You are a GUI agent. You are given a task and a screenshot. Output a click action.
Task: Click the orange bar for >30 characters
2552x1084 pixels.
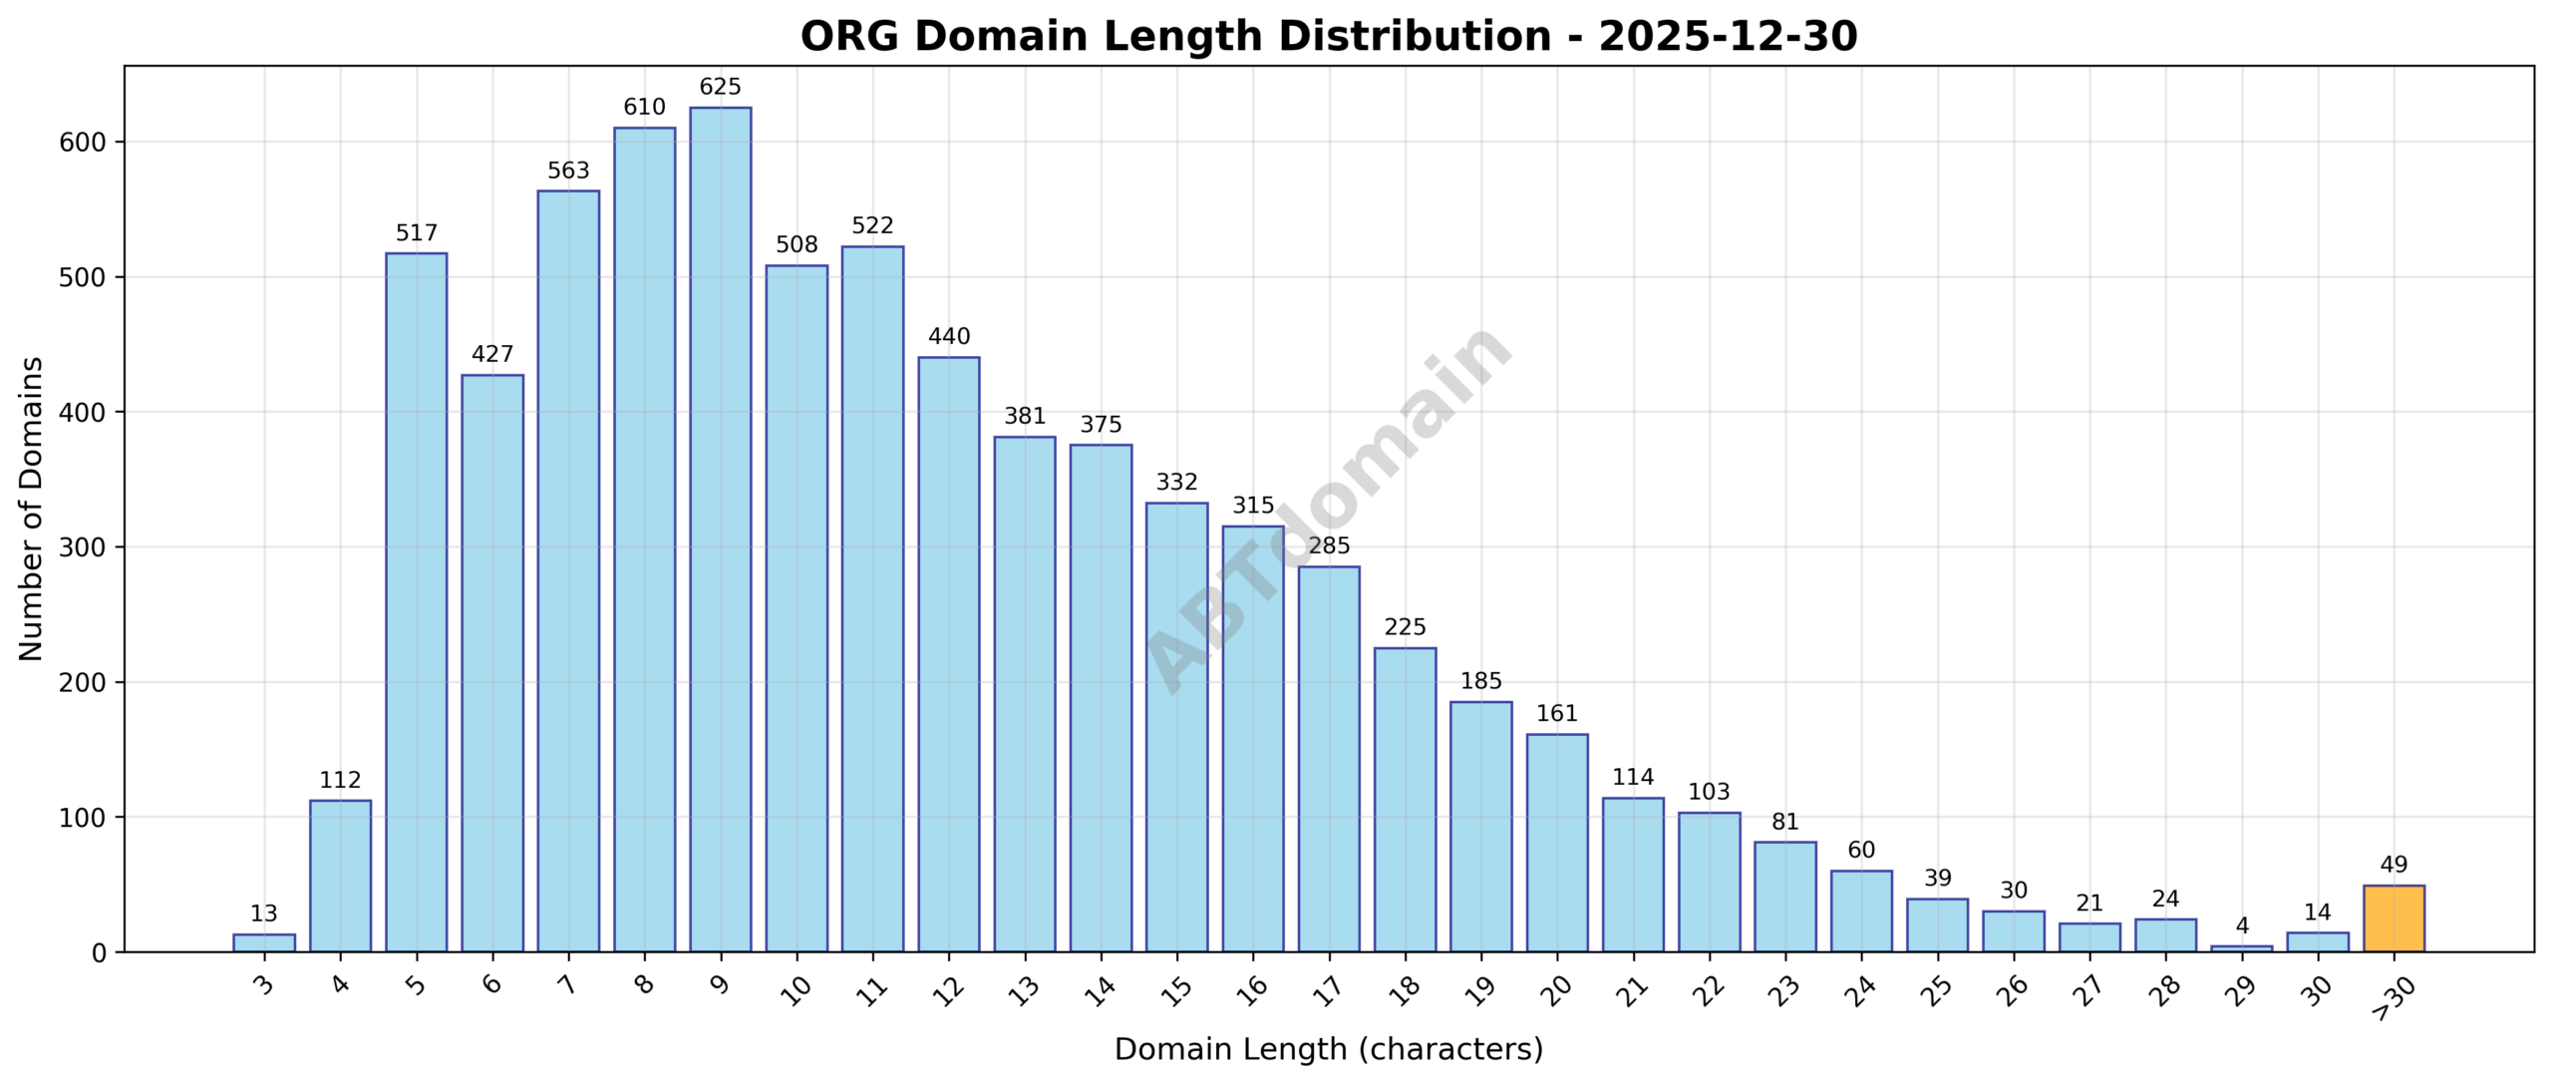click(2393, 918)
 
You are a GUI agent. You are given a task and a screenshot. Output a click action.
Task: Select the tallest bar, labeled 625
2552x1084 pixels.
click(721, 530)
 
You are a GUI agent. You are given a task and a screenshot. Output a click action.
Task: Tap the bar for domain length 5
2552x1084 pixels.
click(417, 602)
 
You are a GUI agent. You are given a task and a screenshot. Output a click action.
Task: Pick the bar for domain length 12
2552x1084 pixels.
click(949, 654)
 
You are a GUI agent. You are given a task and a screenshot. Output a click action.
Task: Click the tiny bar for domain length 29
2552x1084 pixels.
click(2242, 948)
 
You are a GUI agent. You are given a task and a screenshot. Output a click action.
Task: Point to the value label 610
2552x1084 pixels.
click(644, 107)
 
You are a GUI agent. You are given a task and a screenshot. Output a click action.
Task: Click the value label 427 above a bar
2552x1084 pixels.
click(492, 354)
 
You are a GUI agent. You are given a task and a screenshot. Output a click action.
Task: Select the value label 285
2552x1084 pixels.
click(1329, 545)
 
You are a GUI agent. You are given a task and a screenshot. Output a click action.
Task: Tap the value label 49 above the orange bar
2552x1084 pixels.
click(2393, 865)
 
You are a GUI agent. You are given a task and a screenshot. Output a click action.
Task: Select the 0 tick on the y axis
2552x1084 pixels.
click(98, 953)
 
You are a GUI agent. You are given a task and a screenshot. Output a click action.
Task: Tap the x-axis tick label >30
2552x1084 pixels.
click(2392, 998)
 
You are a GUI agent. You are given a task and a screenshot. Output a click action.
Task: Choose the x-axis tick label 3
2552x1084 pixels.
click(263, 986)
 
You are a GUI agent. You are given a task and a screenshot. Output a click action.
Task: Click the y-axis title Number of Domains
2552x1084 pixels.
click(32, 509)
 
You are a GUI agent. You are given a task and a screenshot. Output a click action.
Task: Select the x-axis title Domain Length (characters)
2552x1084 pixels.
click(1328, 1049)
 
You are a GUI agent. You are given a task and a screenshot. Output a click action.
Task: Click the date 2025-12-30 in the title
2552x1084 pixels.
click(1728, 37)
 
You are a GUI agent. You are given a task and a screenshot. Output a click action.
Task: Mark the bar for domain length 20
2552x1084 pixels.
click(1557, 843)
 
